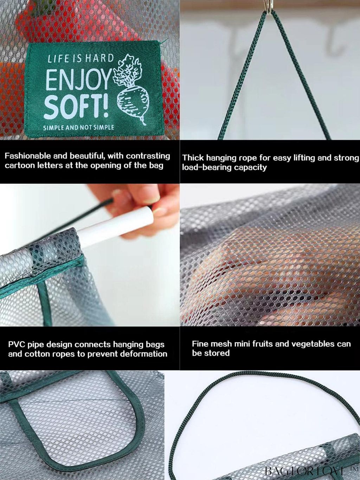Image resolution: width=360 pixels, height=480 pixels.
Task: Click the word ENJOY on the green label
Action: (x=78, y=81)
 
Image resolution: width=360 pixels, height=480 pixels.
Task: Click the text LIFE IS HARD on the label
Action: (x=81, y=59)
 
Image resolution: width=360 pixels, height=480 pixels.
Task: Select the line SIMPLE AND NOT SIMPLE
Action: (x=78, y=127)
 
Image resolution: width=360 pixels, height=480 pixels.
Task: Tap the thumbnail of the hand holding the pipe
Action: (x=90, y=255)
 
